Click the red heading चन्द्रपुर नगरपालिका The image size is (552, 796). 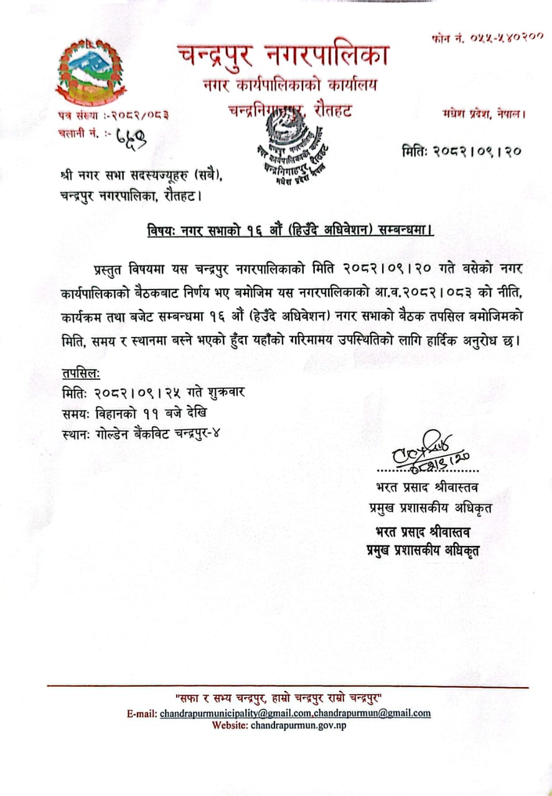tap(283, 55)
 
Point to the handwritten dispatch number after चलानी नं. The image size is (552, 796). tap(133, 135)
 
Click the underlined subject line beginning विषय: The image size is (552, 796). tap(286, 230)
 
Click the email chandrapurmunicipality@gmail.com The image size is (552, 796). tap(236, 713)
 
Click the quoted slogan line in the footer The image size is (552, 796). tap(287, 698)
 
